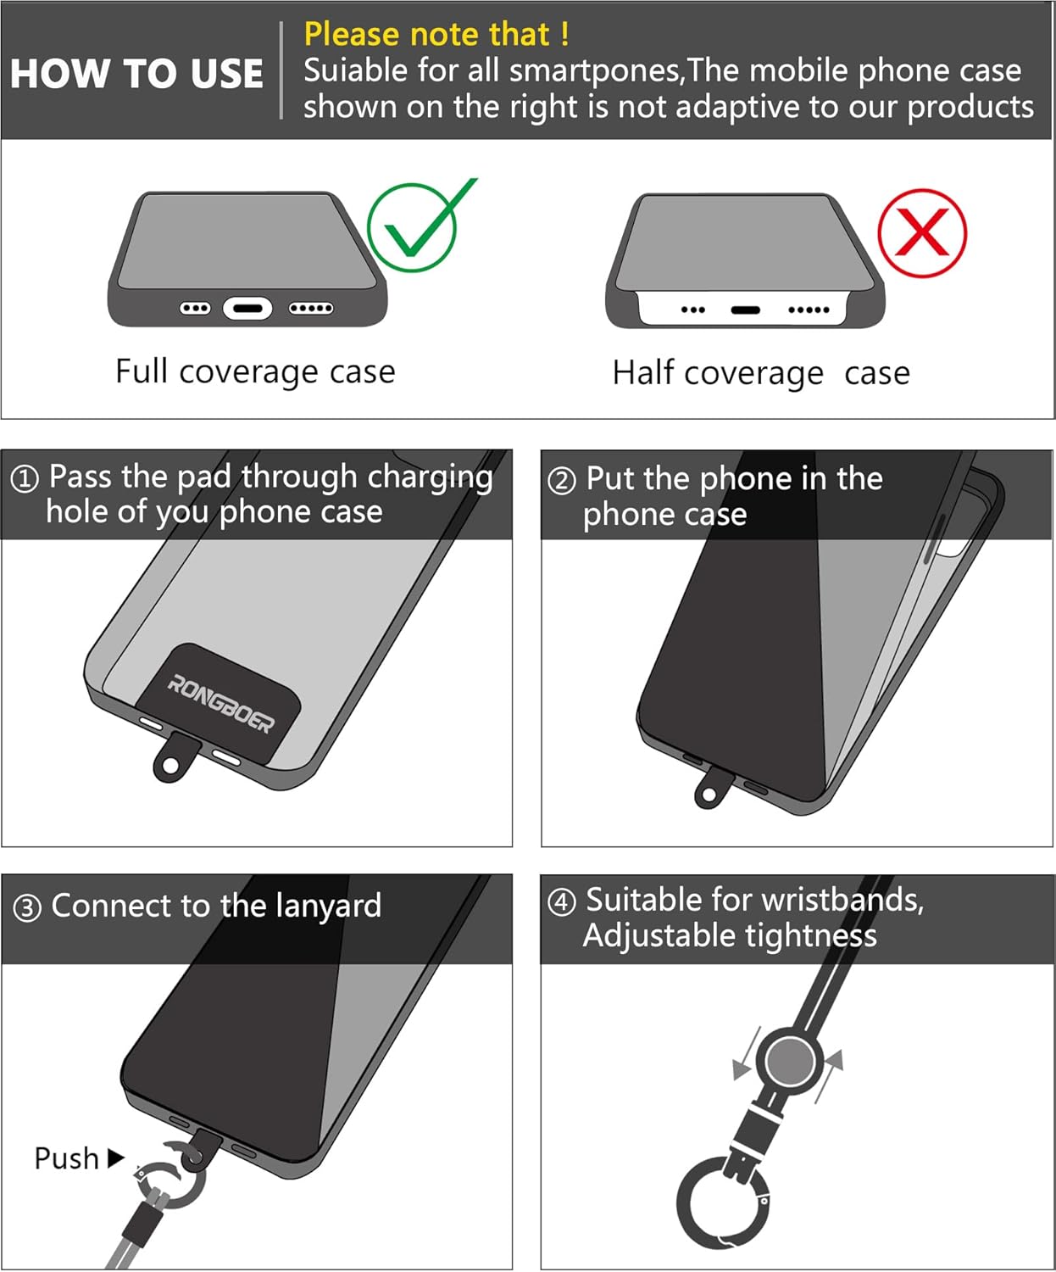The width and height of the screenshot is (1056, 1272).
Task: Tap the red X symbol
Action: pyautogui.click(x=922, y=232)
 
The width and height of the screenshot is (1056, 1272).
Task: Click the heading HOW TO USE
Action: pyautogui.click(x=136, y=74)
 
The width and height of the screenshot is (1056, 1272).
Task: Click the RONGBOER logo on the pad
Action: pyautogui.click(x=220, y=704)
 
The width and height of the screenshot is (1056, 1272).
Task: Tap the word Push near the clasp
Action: pyautogui.click(x=66, y=1158)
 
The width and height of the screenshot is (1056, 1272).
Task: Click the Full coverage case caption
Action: pyautogui.click(x=255, y=371)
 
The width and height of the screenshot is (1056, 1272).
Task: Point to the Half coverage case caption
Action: pyautogui.click(x=760, y=373)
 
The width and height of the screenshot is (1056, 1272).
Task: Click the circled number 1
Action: pyautogui.click(x=25, y=479)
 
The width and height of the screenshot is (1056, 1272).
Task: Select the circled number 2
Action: pyautogui.click(x=562, y=481)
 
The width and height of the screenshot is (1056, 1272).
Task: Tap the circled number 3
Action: pyautogui.click(x=27, y=908)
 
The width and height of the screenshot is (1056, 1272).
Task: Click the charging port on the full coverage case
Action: pyautogui.click(x=247, y=309)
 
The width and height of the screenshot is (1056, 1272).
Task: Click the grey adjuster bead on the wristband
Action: pyautogui.click(x=790, y=1061)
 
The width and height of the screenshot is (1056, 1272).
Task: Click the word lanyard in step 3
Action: pyautogui.click(x=328, y=906)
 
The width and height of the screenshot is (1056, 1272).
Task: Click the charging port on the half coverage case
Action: pyautogui.click(x=745, y=310)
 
